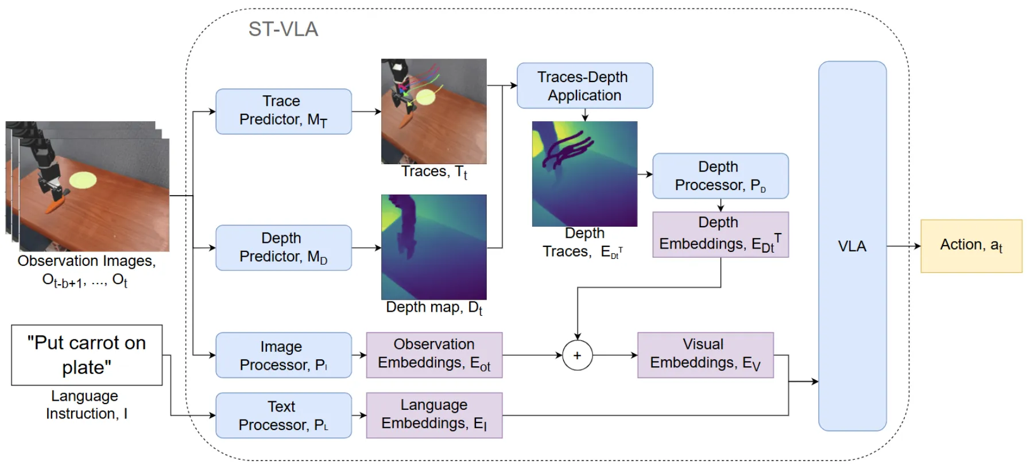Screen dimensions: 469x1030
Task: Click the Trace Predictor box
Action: tap(283, 111)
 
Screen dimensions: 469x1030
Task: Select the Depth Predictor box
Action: tap(283, 247)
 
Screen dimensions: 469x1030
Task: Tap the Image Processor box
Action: tap(283, 355)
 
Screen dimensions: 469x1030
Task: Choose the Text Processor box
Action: tap(283, 416)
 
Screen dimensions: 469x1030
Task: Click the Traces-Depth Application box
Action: tap(584, 86)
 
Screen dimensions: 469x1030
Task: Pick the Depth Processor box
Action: tap(720, 176)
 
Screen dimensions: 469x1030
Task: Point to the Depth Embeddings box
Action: tap(720, 234)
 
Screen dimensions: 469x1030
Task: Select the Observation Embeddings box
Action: tap(434, 355)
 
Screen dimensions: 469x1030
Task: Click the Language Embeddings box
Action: tap(434, 416)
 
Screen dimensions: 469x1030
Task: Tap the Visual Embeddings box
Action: tap(705, 355)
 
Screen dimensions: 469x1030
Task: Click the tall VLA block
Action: tap(852, 246)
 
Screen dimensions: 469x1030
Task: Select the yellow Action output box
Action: tap(971, 246)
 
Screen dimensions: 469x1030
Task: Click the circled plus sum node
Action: tap(577, 355)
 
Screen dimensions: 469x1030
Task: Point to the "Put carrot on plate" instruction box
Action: tap(87, 355)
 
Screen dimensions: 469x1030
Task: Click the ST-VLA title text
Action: tap(283, 29)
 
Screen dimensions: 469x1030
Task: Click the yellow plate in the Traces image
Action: tap(425, 97)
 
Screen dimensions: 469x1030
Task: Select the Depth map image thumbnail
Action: tap(433, 247)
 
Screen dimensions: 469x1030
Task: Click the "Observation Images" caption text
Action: tap(86, 261)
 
